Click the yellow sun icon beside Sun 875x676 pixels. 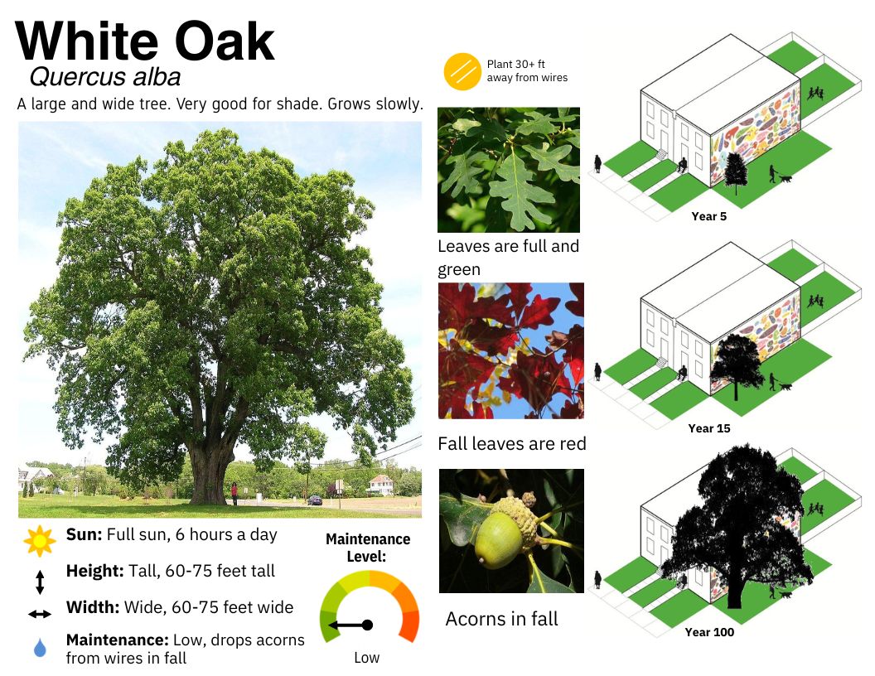coord(40,540)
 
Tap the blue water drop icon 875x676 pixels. coord(40,648)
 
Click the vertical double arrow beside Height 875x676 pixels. coord(40,582)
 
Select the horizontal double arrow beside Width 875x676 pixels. coord(40,614)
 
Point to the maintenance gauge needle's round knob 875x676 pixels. coord(367,625)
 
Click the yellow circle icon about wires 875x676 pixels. coord(462,71)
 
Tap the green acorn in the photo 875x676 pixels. coord(498,540)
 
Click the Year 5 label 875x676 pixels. coord(708,216)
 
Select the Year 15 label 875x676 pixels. coord(708,428)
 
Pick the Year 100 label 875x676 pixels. coord(709,632)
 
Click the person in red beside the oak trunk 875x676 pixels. coord(234,494)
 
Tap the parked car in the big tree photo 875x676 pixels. coord(315,500)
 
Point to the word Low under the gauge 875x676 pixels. coord(366,658)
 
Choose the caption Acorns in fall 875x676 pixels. coord(501,619)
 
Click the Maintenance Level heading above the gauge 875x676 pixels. coord(368,548)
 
